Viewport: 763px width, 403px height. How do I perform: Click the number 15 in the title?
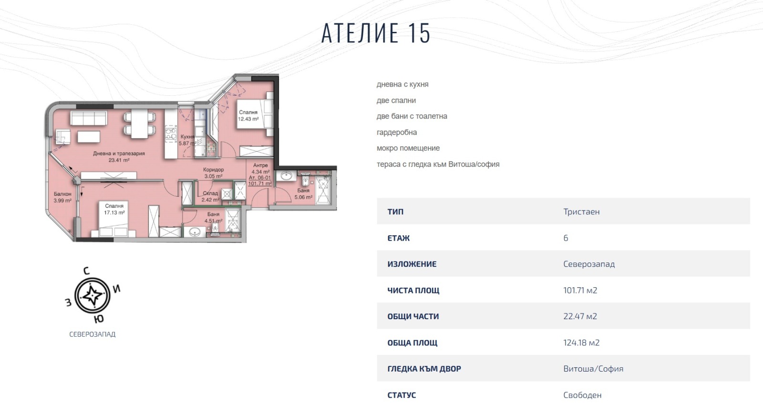(x=419, y=33)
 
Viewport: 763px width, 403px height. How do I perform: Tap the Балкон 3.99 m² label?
(x=62, y=197)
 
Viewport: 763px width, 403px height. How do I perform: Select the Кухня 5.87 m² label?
(x=187, y=140)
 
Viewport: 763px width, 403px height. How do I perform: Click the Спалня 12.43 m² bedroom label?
(x=248, y=116)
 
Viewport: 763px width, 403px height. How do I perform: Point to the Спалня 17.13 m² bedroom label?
(x=114, y=209)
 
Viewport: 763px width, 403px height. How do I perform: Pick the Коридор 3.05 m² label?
(x=213, y=173)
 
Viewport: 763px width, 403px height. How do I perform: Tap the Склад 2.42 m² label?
(x=210, y=196)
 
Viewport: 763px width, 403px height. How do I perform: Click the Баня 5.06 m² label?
(x=303, y=193)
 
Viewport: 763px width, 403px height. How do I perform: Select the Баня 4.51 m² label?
(x=213, y=218)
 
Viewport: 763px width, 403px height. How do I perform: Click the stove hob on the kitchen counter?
(x=171, y=134)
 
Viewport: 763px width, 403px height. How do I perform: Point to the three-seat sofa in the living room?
(x=88, y=118)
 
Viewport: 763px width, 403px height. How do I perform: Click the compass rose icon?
(x=93, y=296)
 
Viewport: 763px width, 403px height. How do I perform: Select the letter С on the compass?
(x=86, y=271)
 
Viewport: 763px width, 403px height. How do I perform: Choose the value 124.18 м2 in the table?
(x=581, y=343)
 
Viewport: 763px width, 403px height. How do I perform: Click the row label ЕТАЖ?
(x=399, y=238)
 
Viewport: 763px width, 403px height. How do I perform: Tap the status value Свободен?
(x=582, y=395)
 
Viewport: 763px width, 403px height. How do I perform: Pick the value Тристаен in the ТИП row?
(x=581, y=212)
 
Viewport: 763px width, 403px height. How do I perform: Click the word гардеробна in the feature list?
(x=397, y=132)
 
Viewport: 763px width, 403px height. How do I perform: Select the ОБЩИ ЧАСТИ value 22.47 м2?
(x=580, y=316)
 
